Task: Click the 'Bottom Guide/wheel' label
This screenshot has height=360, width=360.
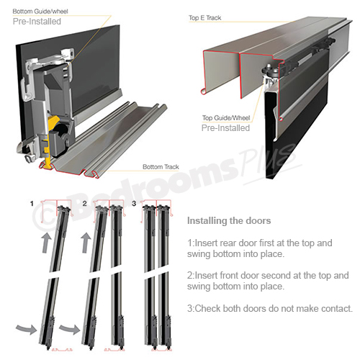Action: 40,12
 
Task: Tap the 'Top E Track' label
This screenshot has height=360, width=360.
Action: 204,18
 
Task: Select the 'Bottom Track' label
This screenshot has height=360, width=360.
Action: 161,167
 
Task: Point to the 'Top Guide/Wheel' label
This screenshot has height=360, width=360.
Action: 226,118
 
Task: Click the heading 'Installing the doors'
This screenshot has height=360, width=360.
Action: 229,221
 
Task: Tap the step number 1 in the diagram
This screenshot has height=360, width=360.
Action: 32,204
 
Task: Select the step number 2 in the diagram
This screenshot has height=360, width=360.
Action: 84,204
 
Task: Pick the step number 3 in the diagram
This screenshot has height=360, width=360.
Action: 134,204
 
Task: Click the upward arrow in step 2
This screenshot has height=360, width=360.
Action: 86,243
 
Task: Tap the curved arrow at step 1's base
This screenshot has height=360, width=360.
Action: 27,328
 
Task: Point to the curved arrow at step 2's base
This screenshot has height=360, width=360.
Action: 69,329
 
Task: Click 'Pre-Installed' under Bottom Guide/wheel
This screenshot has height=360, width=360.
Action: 37,22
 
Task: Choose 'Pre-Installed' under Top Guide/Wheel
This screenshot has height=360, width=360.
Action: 225,128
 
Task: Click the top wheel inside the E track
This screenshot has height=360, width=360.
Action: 271,71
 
